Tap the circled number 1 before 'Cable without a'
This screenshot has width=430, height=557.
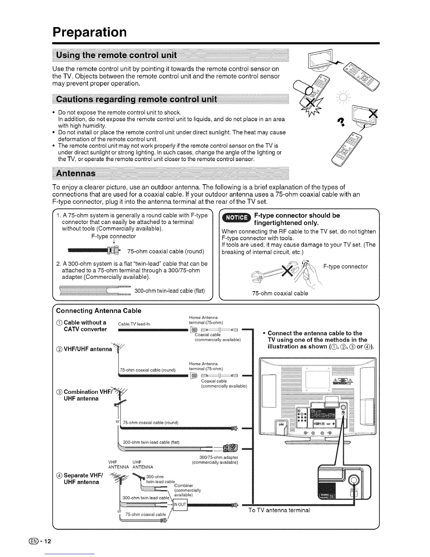(x=59, y=323)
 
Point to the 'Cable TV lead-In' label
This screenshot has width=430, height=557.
(x=134, y=324)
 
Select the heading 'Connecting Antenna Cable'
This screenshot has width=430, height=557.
(x=99, y=311)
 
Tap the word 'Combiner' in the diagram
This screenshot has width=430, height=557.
(x=184, y=486)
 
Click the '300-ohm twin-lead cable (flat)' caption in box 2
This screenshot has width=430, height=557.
(x=169, y=290)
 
